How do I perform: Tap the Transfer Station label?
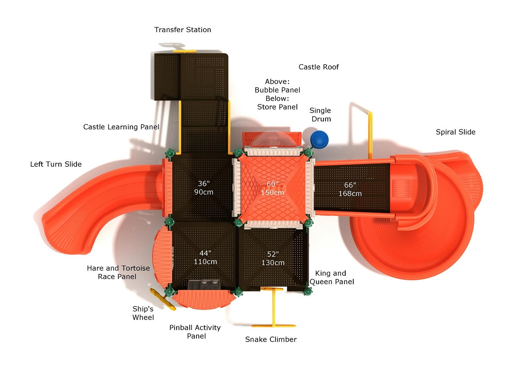183,30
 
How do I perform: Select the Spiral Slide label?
455,132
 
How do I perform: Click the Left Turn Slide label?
56,164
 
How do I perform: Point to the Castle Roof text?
319,67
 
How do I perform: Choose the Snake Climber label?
271,339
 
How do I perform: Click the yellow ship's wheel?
162,299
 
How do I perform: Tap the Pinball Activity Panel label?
195,332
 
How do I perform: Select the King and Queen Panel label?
332,277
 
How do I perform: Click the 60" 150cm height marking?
272,188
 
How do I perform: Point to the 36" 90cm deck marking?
204,188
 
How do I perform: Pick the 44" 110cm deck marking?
205,258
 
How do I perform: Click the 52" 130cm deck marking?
273,258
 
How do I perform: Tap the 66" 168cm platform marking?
350,189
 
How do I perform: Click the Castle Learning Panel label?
121,127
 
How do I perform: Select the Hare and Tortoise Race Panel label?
118,272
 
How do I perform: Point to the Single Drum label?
320,115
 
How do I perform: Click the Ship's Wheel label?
143,313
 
